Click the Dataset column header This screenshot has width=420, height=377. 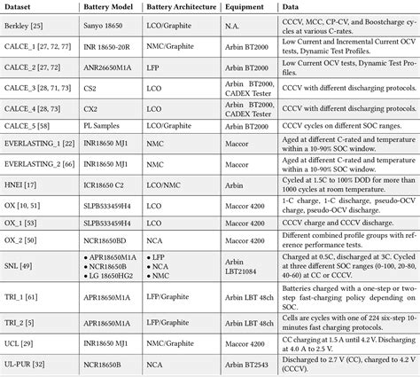[x=21, y=7]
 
